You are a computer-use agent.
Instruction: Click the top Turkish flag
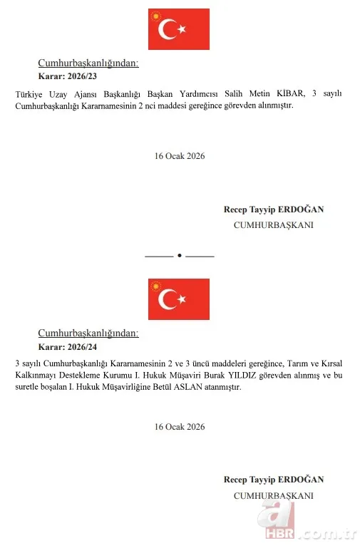click(x=179, y=29)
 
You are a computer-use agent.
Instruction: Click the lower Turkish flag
click(x=179, y=299)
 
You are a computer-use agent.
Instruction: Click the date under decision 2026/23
click(x=179, y=155)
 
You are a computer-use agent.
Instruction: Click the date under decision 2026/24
click(x=179, y=426)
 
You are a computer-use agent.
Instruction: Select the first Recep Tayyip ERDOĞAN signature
click(x=273, y=210)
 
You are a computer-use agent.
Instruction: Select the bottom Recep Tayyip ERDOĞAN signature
click(x=273, y=480)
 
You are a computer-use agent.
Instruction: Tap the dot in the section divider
click(x=179, y=255)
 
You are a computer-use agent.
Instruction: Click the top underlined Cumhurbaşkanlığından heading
click(x=88, y=63)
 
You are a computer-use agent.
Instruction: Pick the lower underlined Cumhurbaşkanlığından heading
click(x=88, y=333)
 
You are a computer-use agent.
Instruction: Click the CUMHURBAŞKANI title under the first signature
click(x=273, y=224)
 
